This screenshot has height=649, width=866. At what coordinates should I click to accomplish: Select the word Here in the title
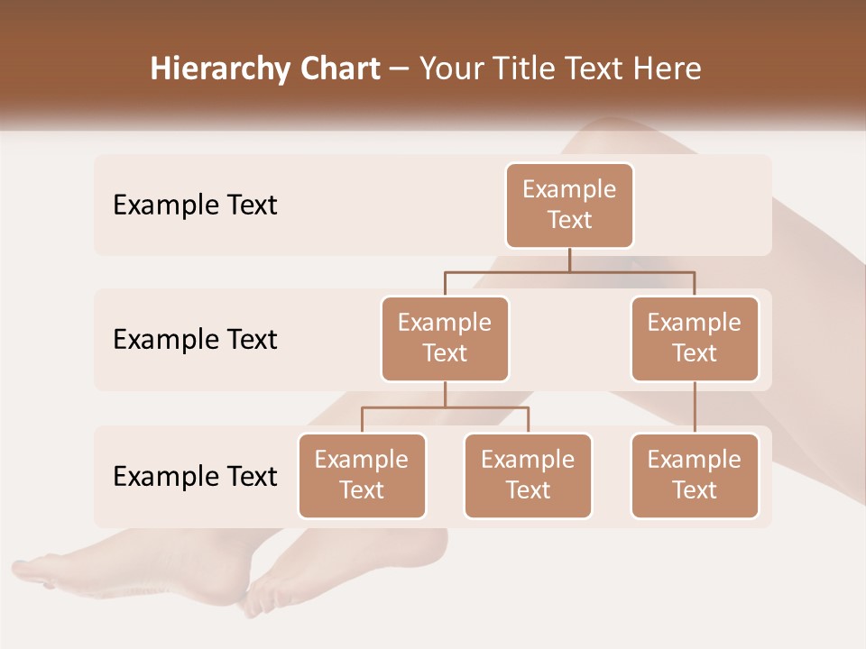click(x=668, y=69)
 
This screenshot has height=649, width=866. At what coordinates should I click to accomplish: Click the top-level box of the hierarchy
click(x=569, y=206)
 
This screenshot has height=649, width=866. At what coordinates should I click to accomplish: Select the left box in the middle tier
click(x=445, y=338)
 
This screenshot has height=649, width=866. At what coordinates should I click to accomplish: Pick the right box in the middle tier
click(x=695, y=338)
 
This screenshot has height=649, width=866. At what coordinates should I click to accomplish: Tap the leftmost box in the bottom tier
click(x=362, y=475)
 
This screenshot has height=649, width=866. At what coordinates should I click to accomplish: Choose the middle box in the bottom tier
click(x=528, y=475)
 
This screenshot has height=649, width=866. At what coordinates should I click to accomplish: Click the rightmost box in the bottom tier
click(x=695, y=475)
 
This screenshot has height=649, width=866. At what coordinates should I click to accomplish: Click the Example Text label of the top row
click(x=195, y=206)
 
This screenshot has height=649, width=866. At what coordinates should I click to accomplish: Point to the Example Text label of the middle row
click(x=195, y=340)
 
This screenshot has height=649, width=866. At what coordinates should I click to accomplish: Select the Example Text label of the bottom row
click(x=195, y=476)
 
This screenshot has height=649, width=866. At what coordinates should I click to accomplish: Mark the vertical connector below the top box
click(x=569, y=260)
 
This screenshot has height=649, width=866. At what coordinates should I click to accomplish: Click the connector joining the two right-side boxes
click(x=695, y=407)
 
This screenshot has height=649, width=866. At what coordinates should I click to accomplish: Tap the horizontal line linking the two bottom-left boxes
click(x=445, y=407)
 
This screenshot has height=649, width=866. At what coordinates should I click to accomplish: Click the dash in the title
click(x=400, y=70)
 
